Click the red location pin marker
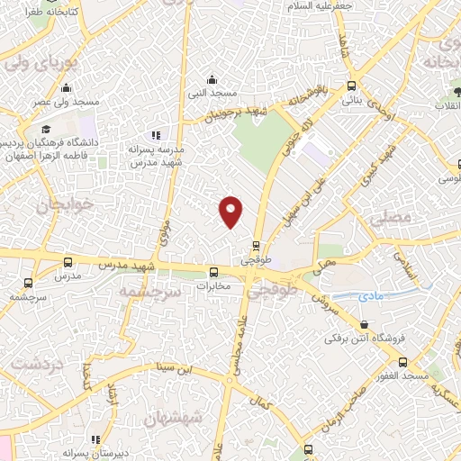[231, 211]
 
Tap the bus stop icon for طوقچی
[256, 244]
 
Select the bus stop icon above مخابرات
[213, 273]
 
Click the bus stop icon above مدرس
[68, 262]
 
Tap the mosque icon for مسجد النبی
[212, 79]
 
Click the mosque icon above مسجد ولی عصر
[66, 88]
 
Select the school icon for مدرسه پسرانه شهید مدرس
[154, 135]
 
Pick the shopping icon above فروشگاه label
[364, 324]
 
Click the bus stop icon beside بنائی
[351, 86]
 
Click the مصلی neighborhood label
[389, 219]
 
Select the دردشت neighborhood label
[33, 365]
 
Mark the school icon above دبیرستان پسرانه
[95, 439]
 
